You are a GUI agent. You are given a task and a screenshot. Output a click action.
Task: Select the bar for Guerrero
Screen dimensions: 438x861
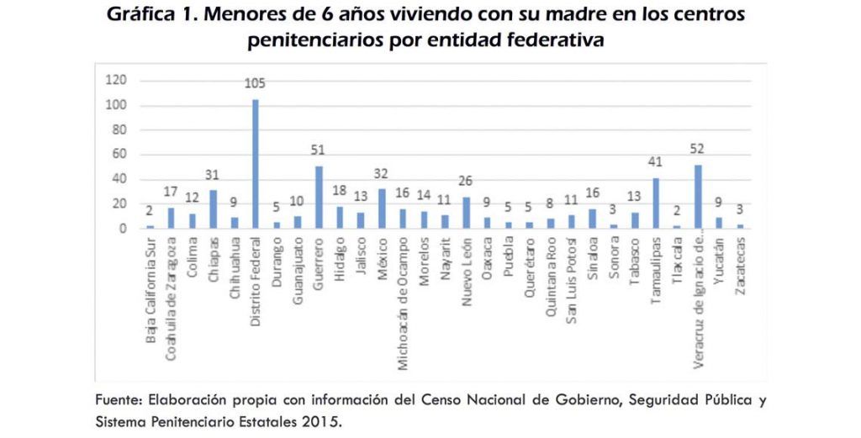point(319,197)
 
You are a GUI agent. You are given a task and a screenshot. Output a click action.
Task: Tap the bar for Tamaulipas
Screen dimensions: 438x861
point(656,203)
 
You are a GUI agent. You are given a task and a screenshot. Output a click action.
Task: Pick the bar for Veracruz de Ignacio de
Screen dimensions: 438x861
point(698,196)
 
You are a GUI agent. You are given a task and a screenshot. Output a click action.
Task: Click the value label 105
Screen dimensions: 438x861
point(256,83)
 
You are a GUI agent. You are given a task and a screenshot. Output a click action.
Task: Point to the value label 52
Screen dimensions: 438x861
point(698,149)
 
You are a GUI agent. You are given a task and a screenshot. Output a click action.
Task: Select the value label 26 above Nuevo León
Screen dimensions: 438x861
point(466,181)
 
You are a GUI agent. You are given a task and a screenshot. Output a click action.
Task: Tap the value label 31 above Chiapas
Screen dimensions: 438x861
point(214,175)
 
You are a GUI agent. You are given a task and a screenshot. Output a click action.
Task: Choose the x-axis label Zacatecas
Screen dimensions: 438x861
point(740,265)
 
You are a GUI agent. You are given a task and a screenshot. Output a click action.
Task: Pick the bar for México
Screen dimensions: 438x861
point(382,208)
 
